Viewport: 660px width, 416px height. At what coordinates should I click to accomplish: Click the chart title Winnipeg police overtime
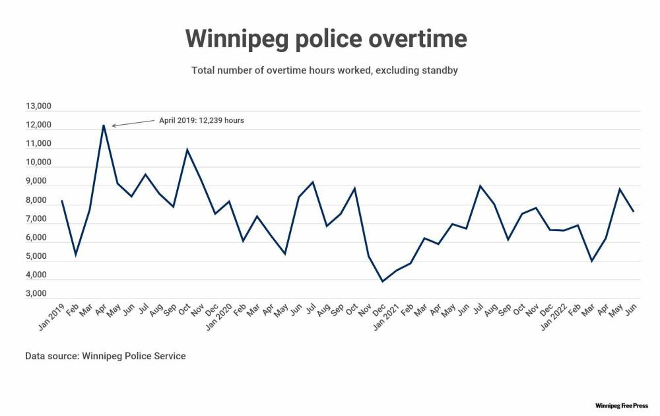(325, 39)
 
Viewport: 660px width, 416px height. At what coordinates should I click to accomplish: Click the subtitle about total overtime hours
(325, 70)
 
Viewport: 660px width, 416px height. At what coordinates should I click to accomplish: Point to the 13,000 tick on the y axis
(38, 106)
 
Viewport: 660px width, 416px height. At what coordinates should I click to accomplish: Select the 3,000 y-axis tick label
(38, 294)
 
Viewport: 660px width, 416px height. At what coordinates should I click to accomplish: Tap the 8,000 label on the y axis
(38, 200)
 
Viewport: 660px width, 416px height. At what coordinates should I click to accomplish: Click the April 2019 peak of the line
(104, 125)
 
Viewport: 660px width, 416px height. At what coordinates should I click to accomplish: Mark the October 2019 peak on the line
(187, 149)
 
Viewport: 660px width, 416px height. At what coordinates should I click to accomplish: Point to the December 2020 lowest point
(382, 281)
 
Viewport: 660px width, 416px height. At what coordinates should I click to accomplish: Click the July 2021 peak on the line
(480, 186)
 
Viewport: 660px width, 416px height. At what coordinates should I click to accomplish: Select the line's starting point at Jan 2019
(61, 201)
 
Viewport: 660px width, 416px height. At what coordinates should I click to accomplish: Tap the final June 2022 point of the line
(634, 211)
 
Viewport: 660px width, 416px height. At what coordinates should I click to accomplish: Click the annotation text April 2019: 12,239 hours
(201, 121)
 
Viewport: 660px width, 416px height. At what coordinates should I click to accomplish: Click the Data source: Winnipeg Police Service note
(106, 356)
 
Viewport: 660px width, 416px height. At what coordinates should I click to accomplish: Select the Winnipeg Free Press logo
(622, 405)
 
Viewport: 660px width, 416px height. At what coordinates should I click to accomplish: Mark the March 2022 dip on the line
(592, 261)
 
